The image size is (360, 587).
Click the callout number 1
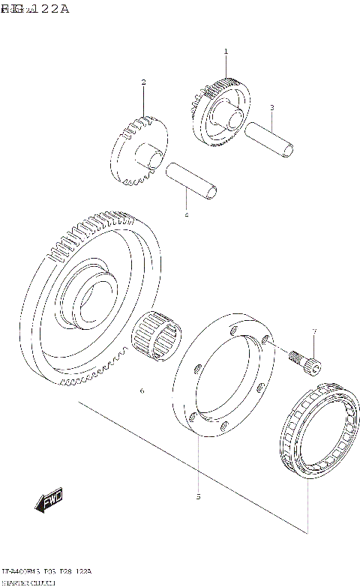(225, 52)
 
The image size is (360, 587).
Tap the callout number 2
(143, 82)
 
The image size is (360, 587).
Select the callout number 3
(271, 107)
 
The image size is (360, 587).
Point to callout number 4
(187, 216)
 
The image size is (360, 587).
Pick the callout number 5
(198, 496)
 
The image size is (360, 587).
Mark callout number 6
(141, 391)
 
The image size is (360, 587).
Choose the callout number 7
(314, 331)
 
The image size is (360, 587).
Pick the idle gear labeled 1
(222, 112)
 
